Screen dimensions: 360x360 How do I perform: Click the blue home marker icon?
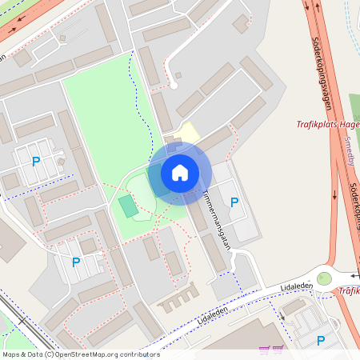(x=180, y=172)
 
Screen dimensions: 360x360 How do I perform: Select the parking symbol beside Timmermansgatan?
(x=234, y=202)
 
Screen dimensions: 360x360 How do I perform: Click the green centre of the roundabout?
(x=323, y=278)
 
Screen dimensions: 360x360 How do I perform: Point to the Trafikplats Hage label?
(x=328, y=124)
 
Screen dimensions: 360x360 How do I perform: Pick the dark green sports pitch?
(x=128, y=205)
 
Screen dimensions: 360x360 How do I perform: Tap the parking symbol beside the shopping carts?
(x=321, y=340)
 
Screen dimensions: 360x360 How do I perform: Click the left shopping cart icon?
(x=265, y=349)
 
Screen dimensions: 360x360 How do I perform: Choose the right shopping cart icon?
(x=278, y=349)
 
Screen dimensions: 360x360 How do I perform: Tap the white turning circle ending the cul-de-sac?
(x=172, y=85)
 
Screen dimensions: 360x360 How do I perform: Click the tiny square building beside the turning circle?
(x=178, y=75)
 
